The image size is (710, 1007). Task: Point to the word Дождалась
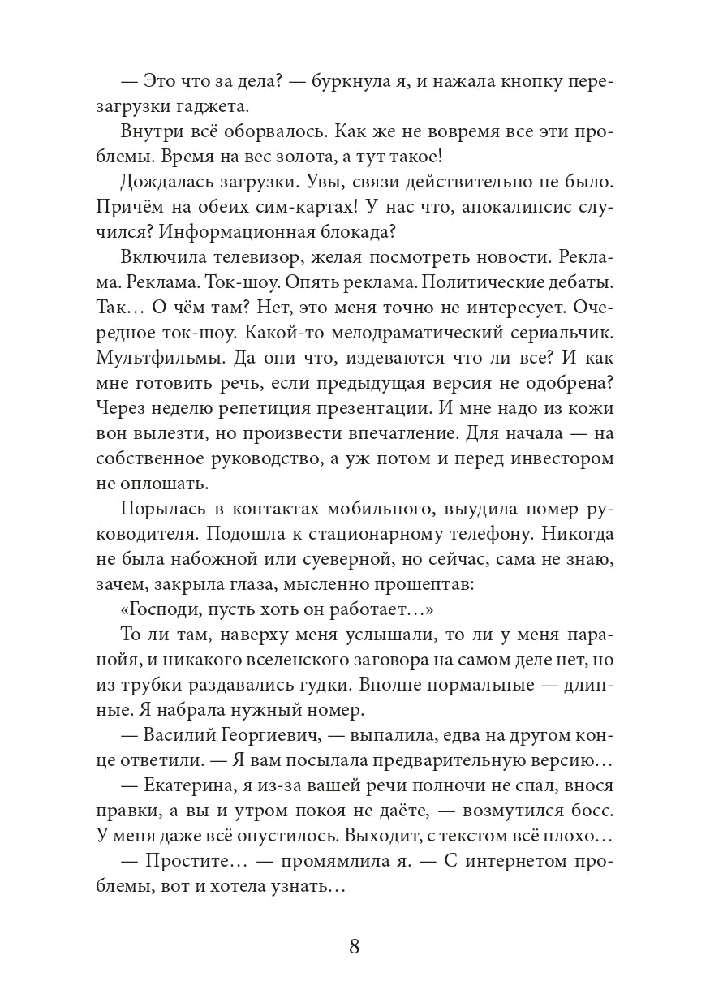pyautogui.click(x=168, y=186)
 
